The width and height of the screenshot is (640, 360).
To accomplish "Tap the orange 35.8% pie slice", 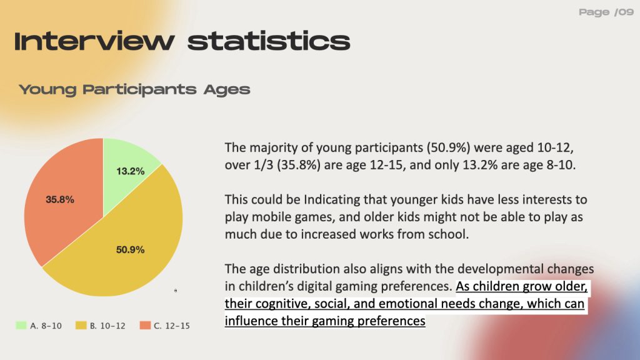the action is coord(61,200).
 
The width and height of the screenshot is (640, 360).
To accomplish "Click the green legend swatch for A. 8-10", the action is coord(21,325).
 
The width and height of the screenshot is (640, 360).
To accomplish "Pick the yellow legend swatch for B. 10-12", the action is coord(81,325).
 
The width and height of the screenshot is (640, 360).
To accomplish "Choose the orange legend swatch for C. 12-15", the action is coord(145,325).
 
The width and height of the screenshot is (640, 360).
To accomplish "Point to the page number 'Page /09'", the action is coord(606,12).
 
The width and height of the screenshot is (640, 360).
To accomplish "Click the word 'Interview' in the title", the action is coord(94,41).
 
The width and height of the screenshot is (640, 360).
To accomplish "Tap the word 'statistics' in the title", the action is coord(269,41).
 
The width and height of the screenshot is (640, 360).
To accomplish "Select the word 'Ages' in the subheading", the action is coord(227,90).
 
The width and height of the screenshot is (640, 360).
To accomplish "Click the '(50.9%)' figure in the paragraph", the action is coord(448,147).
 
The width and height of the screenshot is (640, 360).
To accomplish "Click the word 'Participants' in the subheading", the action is coord(139,90).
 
